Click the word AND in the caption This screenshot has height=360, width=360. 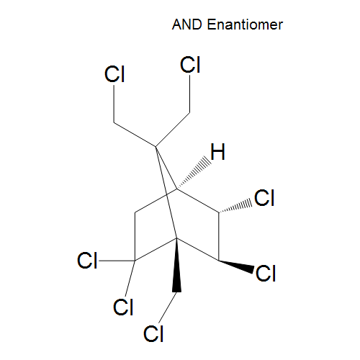[x=187, y=24]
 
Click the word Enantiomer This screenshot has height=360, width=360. [x=245, y=24]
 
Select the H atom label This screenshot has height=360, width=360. [x=218, y=152]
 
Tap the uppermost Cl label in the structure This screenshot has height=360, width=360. [x=190, y=65]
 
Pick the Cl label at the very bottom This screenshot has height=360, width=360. [x=153, y=333]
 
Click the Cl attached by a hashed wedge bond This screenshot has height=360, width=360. [x=264, y=198]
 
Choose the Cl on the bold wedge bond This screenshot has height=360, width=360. [x=266, y=273]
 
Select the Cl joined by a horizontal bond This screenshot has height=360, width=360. [x=87, y=261]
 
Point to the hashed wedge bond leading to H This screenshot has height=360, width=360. [x=194, y=173]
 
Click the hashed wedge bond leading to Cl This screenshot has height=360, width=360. [x=235, y=206]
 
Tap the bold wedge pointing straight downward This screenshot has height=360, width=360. [x=177, y=265]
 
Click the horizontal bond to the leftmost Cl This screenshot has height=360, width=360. [x=117, y=261]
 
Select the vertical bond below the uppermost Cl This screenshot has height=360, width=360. [x=190, y=94]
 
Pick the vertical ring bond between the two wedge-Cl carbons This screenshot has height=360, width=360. [x=219, y=236]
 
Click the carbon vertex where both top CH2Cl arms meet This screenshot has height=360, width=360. [x=156, y=146]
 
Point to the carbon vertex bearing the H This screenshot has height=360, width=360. [x=177, y=189]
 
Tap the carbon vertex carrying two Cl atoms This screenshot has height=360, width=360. [x=135, y=261]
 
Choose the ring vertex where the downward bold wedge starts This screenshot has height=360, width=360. [x=177, y=238]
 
